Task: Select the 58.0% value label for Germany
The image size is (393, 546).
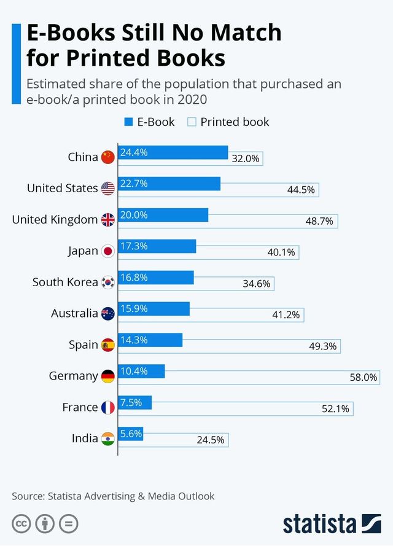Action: point(363,377)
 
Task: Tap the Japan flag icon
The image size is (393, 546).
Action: point(108,251)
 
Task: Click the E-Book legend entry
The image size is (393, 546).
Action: point(150,122)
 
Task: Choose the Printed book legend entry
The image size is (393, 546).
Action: point(228,122)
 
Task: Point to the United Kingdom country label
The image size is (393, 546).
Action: point(55,219)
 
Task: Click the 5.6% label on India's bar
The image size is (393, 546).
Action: point(131,434)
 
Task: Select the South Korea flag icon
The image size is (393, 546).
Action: point(108,283)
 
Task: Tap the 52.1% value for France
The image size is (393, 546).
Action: point(335,408)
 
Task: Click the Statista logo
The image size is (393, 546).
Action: point(332,523)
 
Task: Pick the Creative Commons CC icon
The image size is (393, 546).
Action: point(21,524)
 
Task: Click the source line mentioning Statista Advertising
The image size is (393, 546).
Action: point(113,496)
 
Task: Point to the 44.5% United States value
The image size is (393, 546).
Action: point(301,190)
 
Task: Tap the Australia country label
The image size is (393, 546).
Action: point(74,313)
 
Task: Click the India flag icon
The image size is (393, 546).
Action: point(108,439)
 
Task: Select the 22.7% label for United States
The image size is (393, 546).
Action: point(134,184)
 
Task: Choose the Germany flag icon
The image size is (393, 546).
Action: point(108,376)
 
